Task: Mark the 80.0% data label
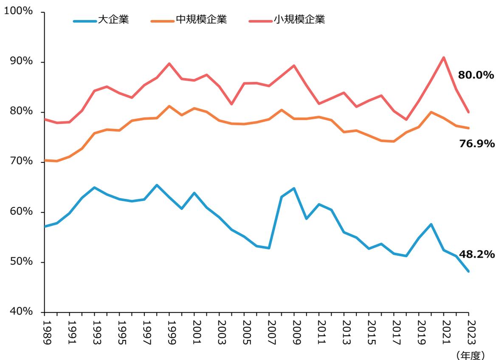click(476, 76)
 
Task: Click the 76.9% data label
click(477, 144)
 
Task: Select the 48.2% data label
click(477, 255)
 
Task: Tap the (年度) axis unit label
click(469, 354)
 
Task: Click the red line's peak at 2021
click(444, 57)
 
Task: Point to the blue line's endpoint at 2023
click(468, 271)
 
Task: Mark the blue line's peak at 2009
click(294, 188)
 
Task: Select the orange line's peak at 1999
click(169, 106)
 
